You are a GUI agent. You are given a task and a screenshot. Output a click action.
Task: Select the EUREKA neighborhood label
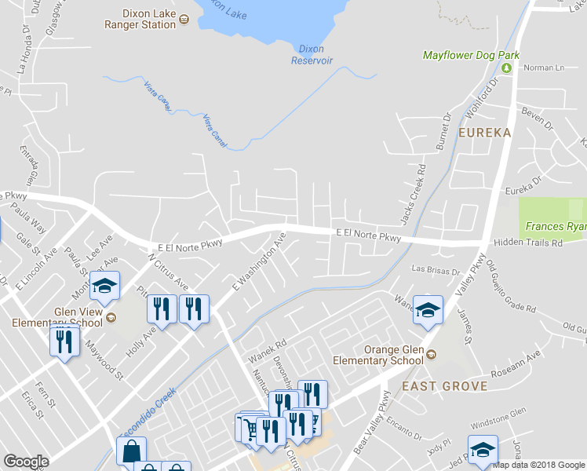tap(485, 133)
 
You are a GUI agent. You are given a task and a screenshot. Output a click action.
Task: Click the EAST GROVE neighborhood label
tap(444, 386)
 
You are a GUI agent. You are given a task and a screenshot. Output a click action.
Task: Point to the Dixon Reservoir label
tap(312, 54)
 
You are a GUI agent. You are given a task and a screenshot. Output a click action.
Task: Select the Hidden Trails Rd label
tap(527, 243)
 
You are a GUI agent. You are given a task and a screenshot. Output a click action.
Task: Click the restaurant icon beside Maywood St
tap(64, 341)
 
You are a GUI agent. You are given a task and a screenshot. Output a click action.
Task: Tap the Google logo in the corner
tap(26, 462)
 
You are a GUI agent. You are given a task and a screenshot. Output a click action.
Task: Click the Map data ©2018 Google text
tap(538, 465)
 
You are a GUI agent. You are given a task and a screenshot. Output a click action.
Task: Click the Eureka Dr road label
tap(523, 189)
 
